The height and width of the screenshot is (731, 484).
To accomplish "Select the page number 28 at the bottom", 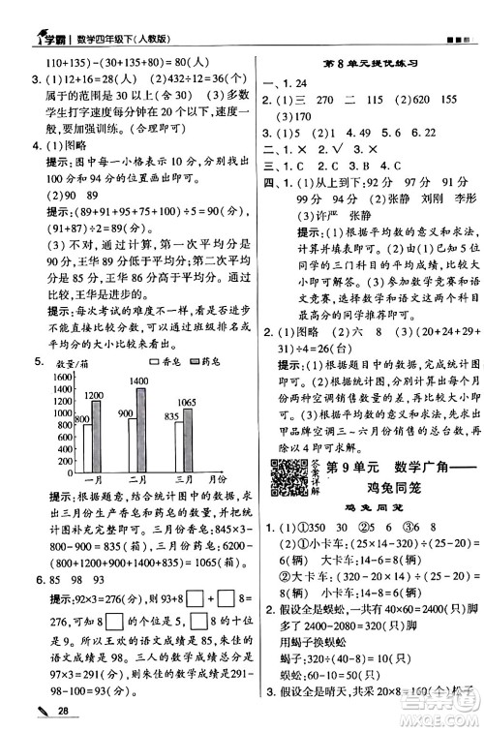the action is [x=36, y=712].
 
